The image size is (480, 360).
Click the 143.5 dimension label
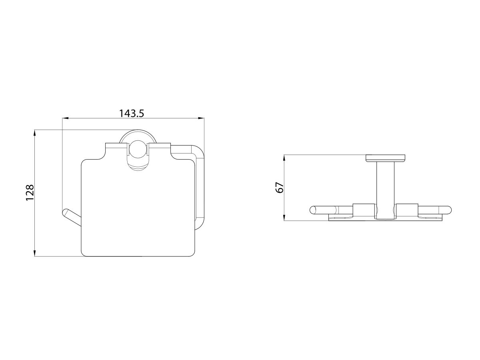pos(132,114)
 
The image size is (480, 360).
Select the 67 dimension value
pos(280,187)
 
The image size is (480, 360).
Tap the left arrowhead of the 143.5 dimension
pos(66,118)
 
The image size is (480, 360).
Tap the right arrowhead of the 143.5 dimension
pos(201,118)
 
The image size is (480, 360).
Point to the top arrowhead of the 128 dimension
pos(34,133)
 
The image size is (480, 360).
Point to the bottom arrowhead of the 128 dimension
pos(34,253)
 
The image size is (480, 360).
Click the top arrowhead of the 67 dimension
pos(284,158)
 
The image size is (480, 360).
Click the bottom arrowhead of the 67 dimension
pos(284,218)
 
